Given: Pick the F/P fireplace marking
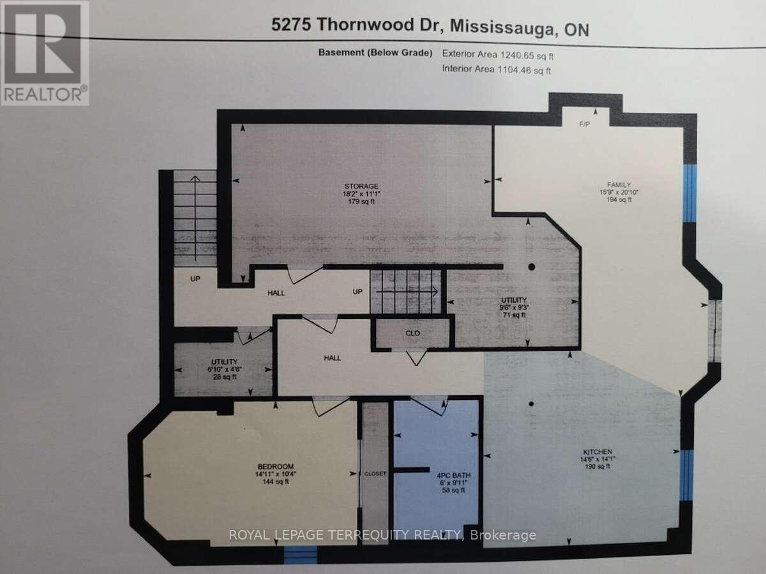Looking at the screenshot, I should tap(584, 124).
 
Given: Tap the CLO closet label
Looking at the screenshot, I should tap(413, 333).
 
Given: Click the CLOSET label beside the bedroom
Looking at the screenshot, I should tap(375, 474).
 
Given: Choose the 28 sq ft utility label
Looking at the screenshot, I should tap(224, 377).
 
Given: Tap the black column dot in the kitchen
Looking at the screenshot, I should tap(531, 403).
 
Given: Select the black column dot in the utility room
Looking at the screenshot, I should tap(531, 267).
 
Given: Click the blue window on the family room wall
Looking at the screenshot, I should tap(689, 193).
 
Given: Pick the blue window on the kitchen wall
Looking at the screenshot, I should tap(686, 475).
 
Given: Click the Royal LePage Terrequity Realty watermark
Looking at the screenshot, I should tap(382, 535).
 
